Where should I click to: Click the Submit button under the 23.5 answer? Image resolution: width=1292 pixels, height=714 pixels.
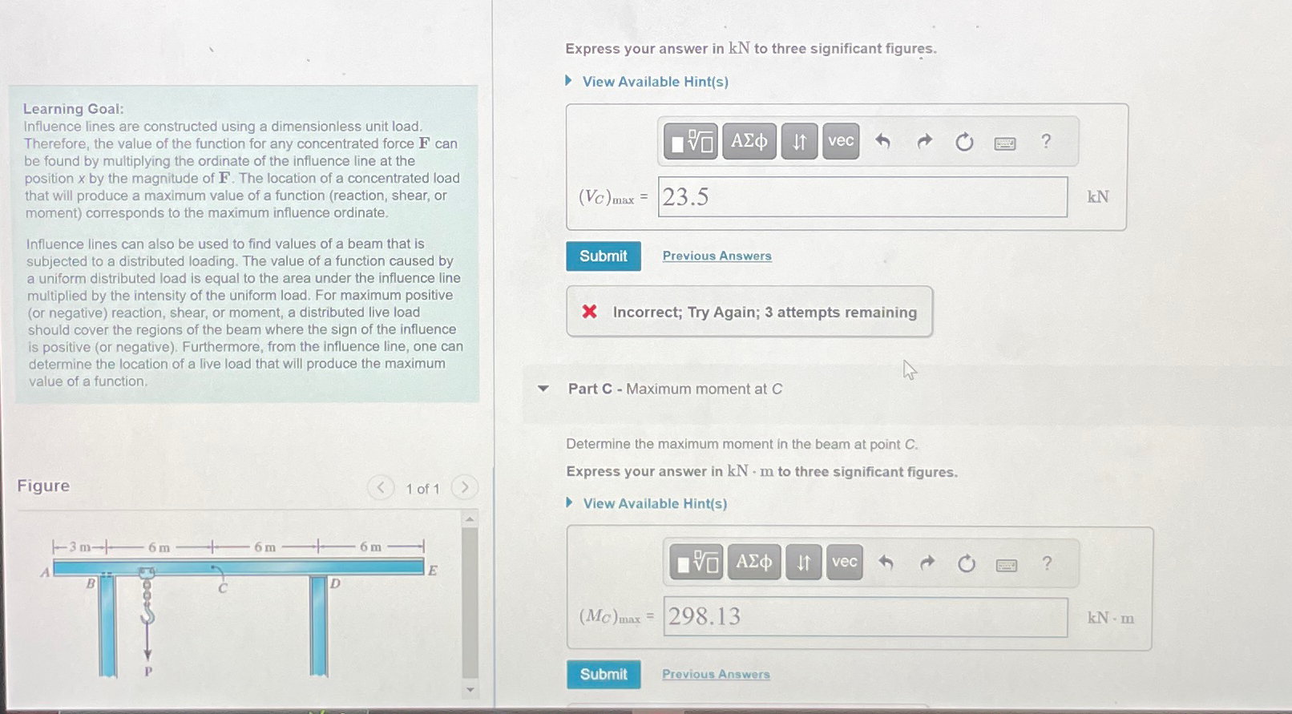603,256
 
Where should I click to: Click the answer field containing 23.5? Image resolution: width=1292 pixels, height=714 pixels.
862,196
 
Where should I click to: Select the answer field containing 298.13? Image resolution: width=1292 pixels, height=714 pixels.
865,616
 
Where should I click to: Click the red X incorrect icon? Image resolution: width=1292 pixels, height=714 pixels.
589,312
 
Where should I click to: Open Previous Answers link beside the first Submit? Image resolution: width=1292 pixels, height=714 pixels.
717,256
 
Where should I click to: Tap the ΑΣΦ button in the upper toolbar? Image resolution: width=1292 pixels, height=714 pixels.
749,141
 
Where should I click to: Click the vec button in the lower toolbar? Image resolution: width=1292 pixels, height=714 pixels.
844,561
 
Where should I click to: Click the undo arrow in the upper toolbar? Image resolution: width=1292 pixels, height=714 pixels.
882,141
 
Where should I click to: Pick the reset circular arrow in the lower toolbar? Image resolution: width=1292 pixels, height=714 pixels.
966,563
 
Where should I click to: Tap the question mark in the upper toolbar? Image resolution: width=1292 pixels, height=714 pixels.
1046,141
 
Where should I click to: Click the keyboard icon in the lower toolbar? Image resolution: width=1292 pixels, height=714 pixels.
1006,565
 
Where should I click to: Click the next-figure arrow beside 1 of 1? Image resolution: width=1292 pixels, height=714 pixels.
464,487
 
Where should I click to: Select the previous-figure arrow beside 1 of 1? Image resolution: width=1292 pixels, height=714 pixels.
381,488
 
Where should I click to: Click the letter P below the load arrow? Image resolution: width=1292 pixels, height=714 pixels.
148,671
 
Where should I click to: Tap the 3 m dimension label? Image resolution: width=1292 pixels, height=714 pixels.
80,547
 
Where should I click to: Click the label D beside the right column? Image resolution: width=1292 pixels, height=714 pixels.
335,583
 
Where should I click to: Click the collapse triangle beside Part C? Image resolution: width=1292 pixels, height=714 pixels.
543,389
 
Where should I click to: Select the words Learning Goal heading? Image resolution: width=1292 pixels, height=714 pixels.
73,108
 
